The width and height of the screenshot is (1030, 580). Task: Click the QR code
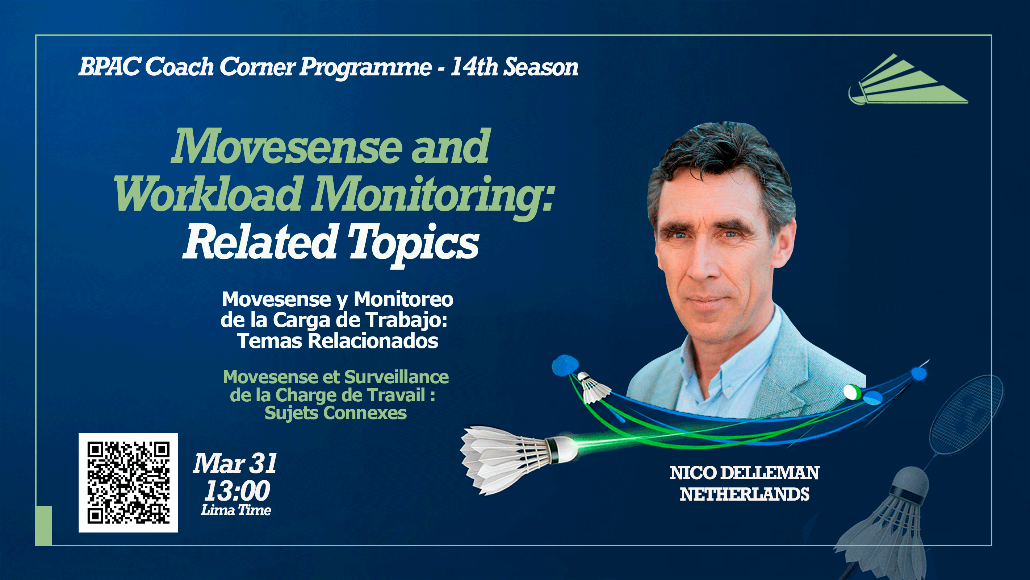pos(128,482)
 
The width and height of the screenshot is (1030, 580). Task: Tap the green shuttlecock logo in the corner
pos(908,80)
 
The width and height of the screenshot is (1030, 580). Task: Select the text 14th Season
pos(514,66)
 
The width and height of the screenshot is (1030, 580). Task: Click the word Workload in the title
pos(208,195)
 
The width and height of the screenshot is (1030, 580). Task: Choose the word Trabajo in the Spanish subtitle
pos(406,320)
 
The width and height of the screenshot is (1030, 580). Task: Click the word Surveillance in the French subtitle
pos(396,377)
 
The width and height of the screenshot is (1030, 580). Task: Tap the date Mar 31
pos(235,464)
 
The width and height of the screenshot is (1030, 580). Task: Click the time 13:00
pos(237,491)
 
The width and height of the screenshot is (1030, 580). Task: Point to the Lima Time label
pos(236,510)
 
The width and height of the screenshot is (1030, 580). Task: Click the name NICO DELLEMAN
pos(745,473)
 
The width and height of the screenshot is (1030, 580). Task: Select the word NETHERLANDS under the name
pos(745,494)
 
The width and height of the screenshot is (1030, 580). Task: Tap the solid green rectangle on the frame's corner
pos(44,525)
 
